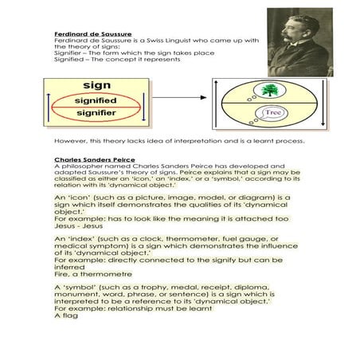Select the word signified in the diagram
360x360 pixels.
coord(96,101)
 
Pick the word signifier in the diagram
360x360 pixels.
coord(96,115)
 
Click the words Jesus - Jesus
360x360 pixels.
coord(74,226)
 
